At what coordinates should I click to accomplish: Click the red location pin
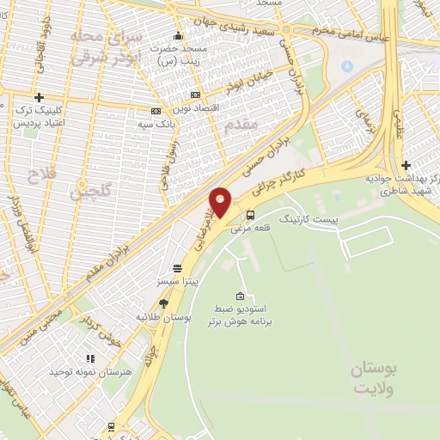click(x=220, y=202)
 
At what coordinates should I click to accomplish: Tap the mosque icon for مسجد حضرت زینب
click(x=178, y=35)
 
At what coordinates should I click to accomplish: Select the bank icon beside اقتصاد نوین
click(x=196, y=94)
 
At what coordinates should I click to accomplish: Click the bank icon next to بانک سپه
click(x=156, y=111)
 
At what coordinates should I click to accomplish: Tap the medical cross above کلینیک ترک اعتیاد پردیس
click(x=38, y=97)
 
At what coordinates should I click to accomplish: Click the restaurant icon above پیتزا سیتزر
click(x=176, y=267)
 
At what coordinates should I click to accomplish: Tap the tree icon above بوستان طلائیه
click(x=163, y=303)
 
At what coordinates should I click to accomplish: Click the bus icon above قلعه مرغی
click(x=250, y=215)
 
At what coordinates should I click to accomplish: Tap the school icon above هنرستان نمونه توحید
click(x=89, y=359)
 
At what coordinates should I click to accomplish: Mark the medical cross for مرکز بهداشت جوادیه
click(x=406, y=165)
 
